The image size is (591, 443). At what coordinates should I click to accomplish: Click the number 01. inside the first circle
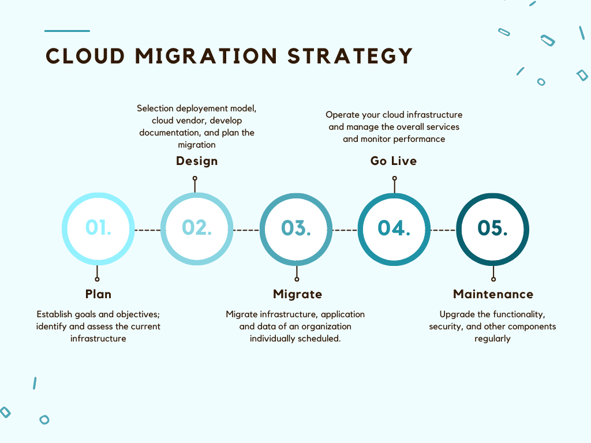click(98, 227)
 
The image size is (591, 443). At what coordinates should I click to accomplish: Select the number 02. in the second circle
click(197, 227)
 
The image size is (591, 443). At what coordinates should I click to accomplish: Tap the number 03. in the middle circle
click(296, 228)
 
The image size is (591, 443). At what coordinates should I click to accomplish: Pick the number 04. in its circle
click(394, 228)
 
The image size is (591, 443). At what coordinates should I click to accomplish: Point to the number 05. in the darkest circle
click(493, 228)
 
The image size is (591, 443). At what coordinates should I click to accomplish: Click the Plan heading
click(98, 294)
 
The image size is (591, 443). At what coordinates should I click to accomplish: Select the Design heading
click(197, 162)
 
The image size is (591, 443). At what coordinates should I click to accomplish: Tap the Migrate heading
click(297, 294)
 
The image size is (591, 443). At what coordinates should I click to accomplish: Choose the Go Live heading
click(394, 161)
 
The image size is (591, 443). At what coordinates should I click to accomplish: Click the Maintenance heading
click(493, 294)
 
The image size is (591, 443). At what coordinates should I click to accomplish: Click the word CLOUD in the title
click(85, 56)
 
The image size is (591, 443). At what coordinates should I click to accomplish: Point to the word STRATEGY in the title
click(350, 56)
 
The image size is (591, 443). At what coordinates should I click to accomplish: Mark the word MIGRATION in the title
click(206, 56)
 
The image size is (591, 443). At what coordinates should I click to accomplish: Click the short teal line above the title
click(67, 31)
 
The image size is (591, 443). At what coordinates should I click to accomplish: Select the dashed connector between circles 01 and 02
click(147, 230)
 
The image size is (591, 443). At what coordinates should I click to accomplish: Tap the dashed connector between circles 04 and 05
click(443, 230)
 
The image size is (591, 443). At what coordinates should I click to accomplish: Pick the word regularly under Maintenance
click(492, 339)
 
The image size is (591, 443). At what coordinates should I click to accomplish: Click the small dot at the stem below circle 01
click(97, 279)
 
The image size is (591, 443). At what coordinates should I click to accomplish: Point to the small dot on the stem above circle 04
click(394, 178)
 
